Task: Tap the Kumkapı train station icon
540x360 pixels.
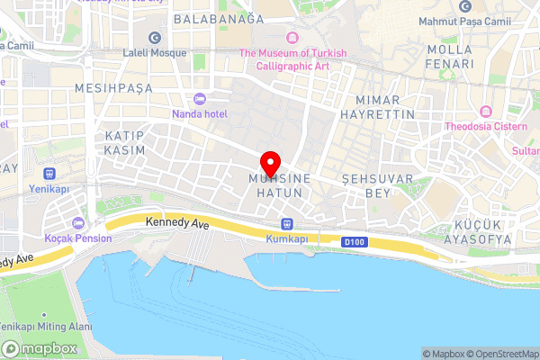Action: tap(287, 223)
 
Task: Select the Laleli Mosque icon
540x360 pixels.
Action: tap(154, 38)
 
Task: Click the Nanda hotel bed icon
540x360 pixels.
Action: tap(199, 98)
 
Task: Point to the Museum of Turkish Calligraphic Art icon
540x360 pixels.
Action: tap(292, 37)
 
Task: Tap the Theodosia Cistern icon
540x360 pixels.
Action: tap(487, 111)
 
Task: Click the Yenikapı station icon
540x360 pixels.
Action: tap(49, 174)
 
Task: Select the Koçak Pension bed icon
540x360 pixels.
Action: tap(78, 222)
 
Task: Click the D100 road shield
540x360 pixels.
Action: tap(354, 241)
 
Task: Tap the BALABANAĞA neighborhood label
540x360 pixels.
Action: tap(219, 18)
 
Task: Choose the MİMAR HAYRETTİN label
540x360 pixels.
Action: tap(385, 107)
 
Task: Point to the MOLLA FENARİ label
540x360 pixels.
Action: tap(450, 56)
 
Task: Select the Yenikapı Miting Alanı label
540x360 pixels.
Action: tap(35, 326)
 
